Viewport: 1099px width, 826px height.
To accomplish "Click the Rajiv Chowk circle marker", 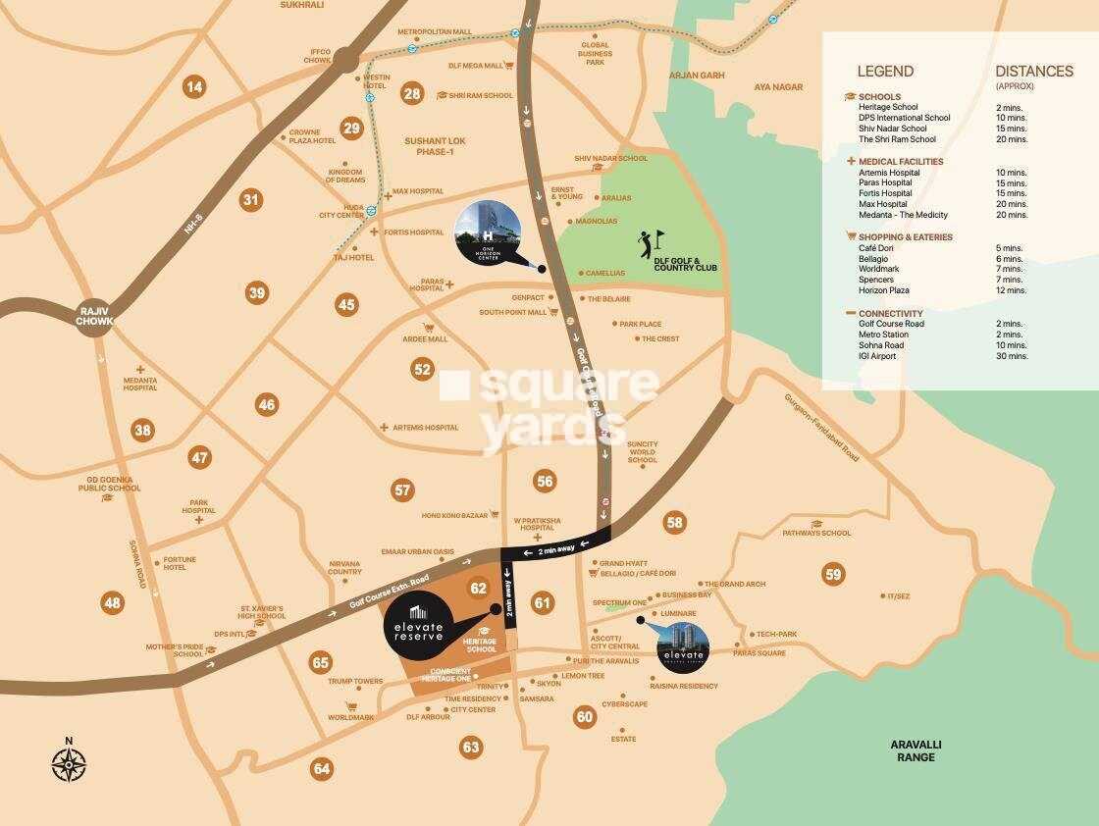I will pos(95,320).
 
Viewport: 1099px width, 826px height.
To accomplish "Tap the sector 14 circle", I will pos(194,87).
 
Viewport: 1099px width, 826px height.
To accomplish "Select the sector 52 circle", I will pos(422,370).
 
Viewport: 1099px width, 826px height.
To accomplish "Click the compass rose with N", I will pos(69,762).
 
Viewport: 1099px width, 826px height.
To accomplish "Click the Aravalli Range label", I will pos(915,750).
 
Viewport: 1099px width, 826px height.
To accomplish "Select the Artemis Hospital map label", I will pos(425,428).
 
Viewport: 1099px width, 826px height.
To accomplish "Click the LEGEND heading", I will pos(885,71).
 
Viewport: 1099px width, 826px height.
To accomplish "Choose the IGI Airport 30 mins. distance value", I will pos(1011,356).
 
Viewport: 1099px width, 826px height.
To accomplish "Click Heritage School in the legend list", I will pos(888,107).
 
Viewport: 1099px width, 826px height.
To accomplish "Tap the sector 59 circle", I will pos(833,575).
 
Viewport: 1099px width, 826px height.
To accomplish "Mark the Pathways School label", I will pos(816,534).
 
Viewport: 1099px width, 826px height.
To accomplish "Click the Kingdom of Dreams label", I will pos(345,175).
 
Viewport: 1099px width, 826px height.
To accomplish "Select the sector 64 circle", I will pos(322,768).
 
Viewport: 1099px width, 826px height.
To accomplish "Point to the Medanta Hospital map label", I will pos(140,384).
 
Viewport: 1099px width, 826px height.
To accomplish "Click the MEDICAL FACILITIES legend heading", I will pos(901,161).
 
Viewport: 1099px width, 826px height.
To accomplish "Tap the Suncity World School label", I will pos(643,452).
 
